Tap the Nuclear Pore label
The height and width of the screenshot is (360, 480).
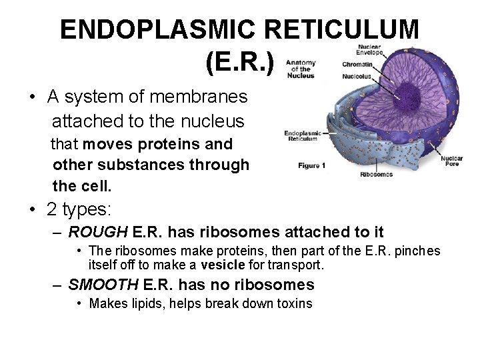451,162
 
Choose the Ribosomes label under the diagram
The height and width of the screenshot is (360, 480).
376,175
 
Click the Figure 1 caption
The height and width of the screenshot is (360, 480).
311,165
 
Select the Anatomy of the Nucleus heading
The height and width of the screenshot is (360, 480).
300,69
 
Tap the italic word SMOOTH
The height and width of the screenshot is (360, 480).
103,285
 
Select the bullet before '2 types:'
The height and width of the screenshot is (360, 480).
32,209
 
